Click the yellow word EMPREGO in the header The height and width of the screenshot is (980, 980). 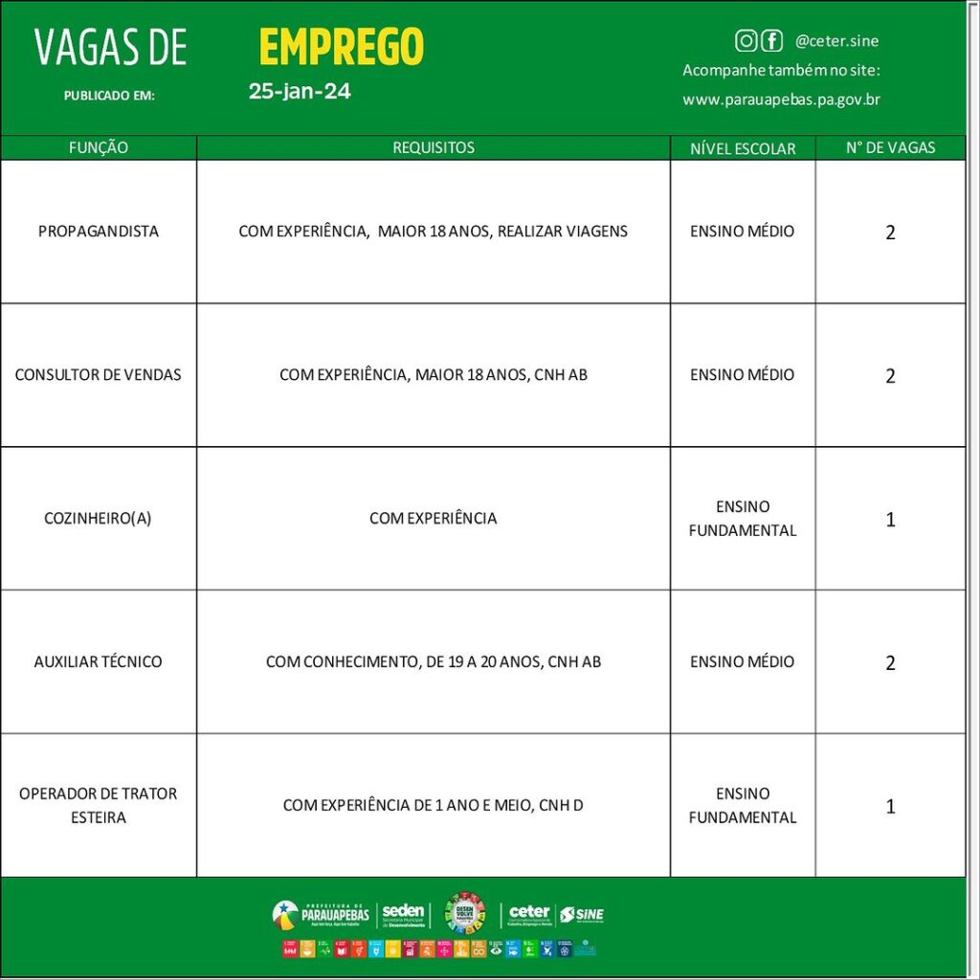(x=341, y=47)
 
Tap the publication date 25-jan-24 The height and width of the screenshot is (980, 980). (x=300, y=93)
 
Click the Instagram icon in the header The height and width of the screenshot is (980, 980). (x=746, y=40)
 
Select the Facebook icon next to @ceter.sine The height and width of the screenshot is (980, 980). (x=771, y=40)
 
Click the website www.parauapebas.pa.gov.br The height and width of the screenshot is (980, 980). (x=781, y=100)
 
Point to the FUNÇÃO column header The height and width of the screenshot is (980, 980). (x=99, y=148)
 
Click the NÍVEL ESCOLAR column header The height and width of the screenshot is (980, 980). (x=743, y=148)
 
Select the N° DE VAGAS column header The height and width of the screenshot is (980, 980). (x=890, y=148)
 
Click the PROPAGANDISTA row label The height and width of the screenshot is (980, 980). (x=99, y=232)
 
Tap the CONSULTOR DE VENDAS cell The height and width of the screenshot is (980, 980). (x=99, y=375)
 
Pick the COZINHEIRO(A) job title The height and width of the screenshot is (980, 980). (x=99, y=519)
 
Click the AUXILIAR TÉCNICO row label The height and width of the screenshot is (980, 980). (x=99, y=662)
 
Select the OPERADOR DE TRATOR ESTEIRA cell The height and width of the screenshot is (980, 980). (x=99, y=806)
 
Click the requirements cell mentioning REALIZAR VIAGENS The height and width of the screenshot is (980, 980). (x=434, y=232)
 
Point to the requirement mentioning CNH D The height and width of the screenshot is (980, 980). (x=434, y=806)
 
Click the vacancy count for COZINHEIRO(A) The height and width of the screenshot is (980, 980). (x=890, y=520)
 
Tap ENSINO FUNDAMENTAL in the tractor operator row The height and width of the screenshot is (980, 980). (x=743, y=806)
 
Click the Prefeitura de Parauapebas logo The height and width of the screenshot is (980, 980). (x=321, y=914)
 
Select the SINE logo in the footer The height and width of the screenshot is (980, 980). (x=582, y=915)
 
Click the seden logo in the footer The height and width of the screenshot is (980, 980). (x=403, y=915)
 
